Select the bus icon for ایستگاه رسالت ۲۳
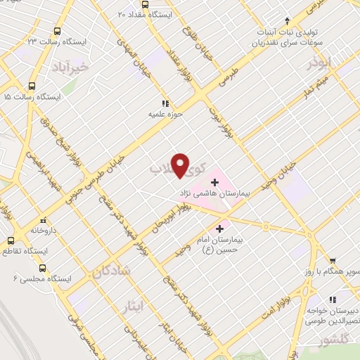tap(56, 32)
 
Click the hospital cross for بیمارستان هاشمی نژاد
tap(214, 182)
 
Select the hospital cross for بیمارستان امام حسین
tap(220, 229)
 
